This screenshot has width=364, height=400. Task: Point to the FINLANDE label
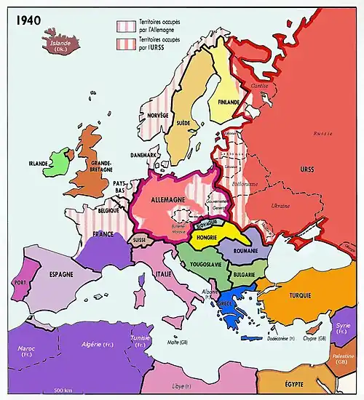click(x=228, y=103)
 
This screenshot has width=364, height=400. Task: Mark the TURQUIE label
click(x=298, y=296)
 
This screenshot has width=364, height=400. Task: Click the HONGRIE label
click(x=207, y=236)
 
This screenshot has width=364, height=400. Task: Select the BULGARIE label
click(x=249, y=274)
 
